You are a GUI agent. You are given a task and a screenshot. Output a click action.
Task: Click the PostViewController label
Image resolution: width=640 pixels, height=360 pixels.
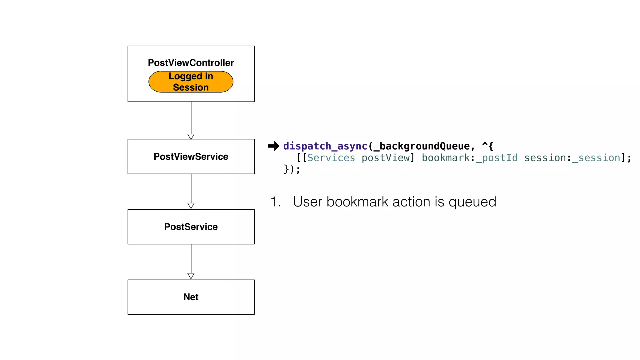(x=191, y=63)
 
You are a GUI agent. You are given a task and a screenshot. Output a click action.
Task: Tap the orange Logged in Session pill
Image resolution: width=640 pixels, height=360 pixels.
(x=191, y=82)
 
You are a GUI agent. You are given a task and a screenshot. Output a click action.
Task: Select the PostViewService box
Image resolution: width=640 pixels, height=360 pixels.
(x=191, y=157)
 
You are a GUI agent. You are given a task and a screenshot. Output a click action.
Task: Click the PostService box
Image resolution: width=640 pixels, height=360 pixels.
(x=191, y=227)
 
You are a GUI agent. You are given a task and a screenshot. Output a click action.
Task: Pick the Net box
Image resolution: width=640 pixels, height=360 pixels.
(x=191, y=297)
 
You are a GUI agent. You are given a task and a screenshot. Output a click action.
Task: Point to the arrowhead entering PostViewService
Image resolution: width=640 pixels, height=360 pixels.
(x=191, y=137)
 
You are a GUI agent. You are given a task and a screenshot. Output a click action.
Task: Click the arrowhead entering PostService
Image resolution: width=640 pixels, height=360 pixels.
(x=191, y=206)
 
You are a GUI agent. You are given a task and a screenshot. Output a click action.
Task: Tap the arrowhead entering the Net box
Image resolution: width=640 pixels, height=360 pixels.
(x=191, y=276)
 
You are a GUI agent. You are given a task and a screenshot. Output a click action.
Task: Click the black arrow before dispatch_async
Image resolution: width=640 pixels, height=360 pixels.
(x=273, y=146)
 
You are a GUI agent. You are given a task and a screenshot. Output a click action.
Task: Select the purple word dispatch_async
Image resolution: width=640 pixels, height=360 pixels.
(x=325, y=146)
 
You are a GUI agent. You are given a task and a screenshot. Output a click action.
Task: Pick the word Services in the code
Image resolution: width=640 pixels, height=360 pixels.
(x=331, y=158)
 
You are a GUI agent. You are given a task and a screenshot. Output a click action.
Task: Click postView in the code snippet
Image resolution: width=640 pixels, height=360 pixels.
(x=385, y=158)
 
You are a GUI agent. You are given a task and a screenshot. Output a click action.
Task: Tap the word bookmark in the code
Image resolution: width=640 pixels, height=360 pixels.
(x=446, y=158)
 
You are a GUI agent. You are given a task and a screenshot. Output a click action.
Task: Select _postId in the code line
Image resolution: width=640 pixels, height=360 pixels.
(x=497, y=158)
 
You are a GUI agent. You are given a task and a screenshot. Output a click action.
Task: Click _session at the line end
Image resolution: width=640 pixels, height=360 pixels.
(x=596, y=158)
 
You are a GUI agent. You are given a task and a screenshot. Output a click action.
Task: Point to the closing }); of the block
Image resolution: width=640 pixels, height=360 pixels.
(x=292, y=169)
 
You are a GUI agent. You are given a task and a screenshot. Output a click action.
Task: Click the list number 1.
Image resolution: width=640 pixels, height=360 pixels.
(x=275, y=202)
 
